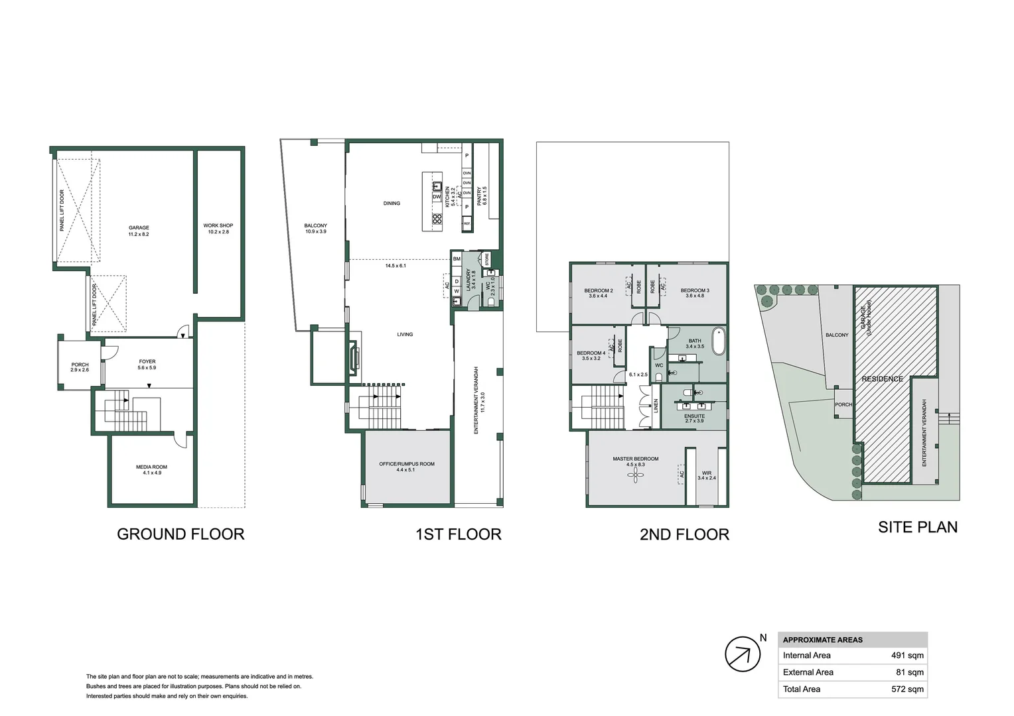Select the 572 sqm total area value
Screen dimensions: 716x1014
[906, 689]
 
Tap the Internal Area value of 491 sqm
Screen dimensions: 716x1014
[906, 656]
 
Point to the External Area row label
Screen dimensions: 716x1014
[808, 672]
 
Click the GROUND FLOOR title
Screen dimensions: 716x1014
[181, 534]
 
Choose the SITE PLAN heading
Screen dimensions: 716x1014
[917, 528]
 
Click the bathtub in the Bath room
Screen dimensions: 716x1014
[719, 341]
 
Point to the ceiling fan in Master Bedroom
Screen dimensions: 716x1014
[635, 475]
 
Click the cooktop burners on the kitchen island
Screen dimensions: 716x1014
[437, 218]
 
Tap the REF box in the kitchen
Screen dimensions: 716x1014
[467, 224]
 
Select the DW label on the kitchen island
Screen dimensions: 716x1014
[437, 197]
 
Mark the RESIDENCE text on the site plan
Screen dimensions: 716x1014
[882, 379]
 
